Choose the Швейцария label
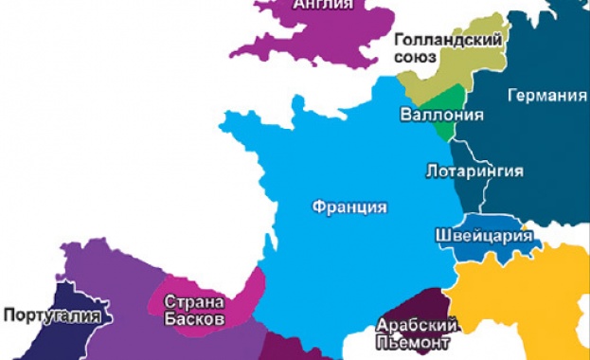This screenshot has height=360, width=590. click(483, 235)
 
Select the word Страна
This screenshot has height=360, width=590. click(193, 302)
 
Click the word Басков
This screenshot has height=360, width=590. click(193, 319)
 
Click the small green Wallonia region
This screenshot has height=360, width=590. click(450, 97)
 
